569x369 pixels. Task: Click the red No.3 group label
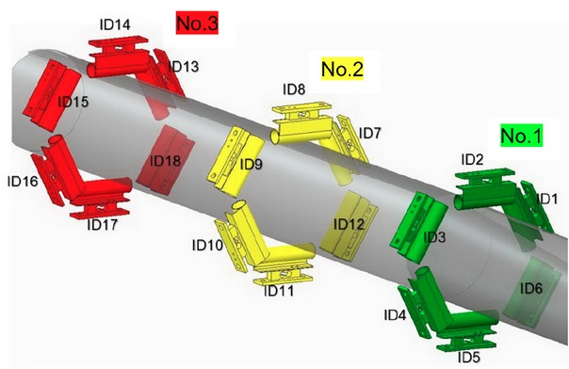point(197,23)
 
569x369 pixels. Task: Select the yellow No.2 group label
point(342,69)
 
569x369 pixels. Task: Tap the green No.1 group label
point(521,136)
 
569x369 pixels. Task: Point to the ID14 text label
point(115,24)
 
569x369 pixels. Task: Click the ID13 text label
point(184,66)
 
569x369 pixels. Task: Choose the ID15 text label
point(73,102)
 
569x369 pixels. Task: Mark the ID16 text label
point(23,181)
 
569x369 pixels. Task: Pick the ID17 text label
point(103,225)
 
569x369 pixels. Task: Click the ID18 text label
point(165,161)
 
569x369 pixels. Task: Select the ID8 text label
point(294,89)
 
